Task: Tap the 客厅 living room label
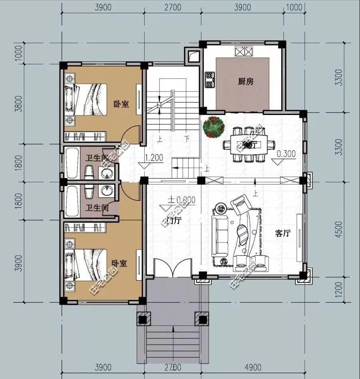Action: (282, 234)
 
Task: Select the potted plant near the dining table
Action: (213, 127)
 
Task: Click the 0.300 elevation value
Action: (286, 153)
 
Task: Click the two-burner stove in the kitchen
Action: (209, 79)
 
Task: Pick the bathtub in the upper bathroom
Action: (72, 163)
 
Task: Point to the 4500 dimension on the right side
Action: (339, 229)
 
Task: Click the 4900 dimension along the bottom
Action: (253, 367)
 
